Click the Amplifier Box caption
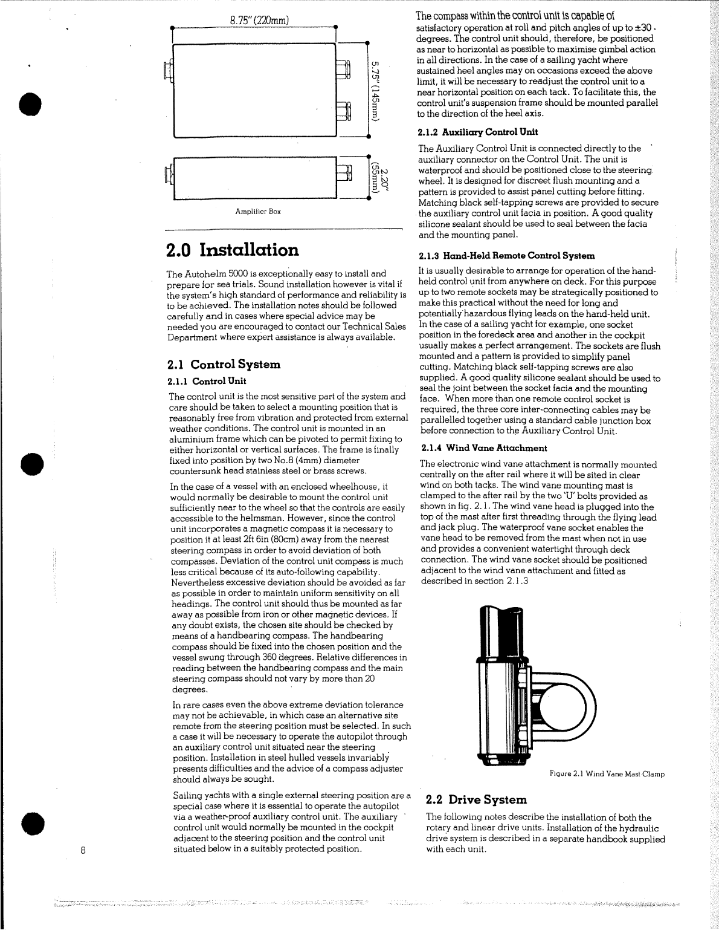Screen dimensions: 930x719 click(258, 212)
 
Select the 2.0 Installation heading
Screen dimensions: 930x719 click(232, 250)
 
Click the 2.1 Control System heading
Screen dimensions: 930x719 click(224, 364)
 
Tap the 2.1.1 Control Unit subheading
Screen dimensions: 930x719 click(207, 381)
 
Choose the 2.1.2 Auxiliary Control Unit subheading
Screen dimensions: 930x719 click(477, 132)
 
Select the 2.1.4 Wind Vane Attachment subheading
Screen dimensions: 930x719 click(484, 448)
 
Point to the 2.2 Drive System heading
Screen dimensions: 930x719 click(476, 799)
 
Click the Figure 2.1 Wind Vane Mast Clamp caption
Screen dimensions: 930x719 click(607, 774)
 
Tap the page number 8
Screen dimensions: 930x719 click(83, 849)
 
